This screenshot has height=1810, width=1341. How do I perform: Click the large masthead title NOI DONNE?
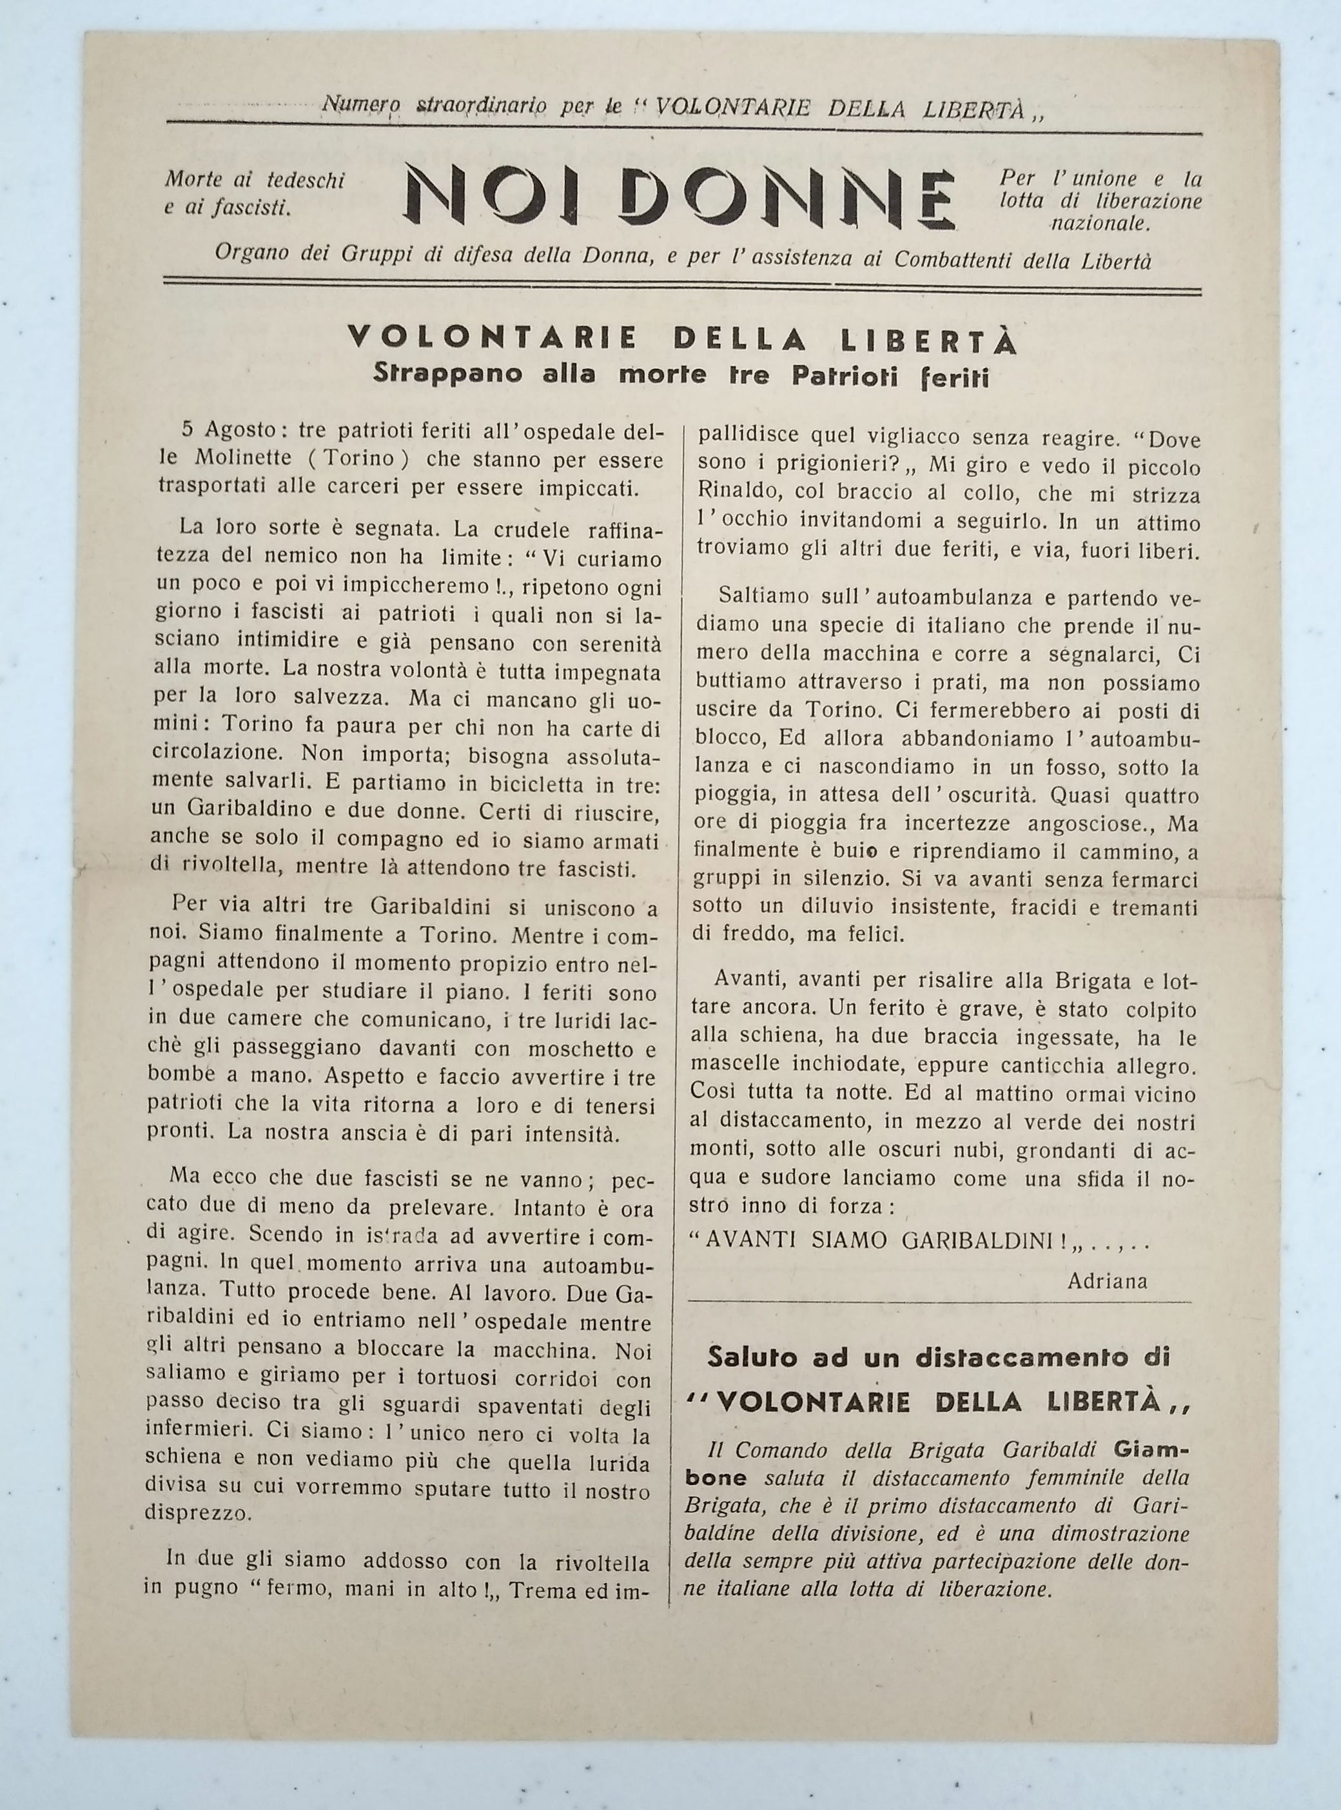coord(680,198)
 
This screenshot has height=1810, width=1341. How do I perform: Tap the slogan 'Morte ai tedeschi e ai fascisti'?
coord(253,194)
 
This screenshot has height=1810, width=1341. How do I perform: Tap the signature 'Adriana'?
coord(1107,1282)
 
